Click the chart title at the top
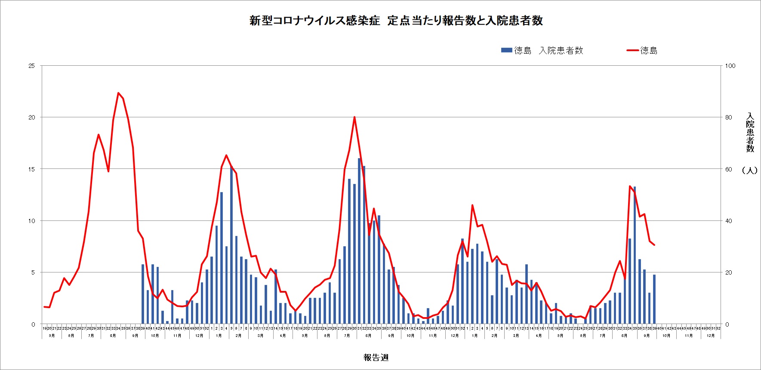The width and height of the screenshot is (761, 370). (x=396, y=21)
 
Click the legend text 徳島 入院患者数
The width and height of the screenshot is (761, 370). (x=548, y=51)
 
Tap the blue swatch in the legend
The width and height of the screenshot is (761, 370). (x=506, y=50)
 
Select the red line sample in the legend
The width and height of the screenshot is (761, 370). (x=632, y=50)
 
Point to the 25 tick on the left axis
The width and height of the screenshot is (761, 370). (x=31, y=66)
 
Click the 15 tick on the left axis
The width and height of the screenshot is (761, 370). (x=31, y=169)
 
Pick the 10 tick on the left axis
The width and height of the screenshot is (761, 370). (x=31, y=221)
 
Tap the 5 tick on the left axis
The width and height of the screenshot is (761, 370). (x=33, y=272)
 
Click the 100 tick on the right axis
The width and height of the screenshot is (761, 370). (x=730, y=66)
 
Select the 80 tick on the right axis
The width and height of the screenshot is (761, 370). (x=728, y=117)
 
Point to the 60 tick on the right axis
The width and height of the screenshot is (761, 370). (x=728, y=169)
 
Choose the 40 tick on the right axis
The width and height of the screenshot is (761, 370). (x=728, y=221)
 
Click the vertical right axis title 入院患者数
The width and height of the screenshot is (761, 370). (x=750, y=132)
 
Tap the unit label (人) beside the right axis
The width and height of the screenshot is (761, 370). (x=749, y=170)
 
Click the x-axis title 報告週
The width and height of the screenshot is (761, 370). (x=376, y=358)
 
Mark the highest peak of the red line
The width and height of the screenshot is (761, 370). (x=118, y=93)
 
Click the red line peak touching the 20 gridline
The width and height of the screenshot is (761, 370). (x=354, y=117)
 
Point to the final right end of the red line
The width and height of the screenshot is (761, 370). (x=654, y=245)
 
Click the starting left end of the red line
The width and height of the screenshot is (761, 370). (x=44, y=306)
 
